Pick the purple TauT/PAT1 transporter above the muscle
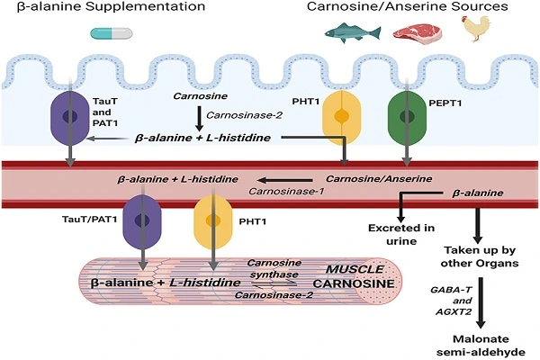(x=141, y=221)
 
